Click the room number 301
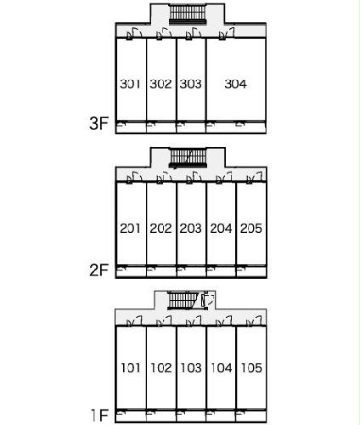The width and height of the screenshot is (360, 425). (x=130, y=83)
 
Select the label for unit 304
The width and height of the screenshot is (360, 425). (x=235, y=83)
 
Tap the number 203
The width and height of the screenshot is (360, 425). (x=191, y=229)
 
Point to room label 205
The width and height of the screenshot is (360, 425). (x=251, y=229)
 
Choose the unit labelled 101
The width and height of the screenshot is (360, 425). (x=131, y=368)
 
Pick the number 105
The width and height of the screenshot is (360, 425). (x=251, y=368)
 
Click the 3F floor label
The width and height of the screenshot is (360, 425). (x=98, y=123)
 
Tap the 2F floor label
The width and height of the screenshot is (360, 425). (x=98, y=269)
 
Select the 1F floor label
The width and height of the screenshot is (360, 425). (x=99, y=416)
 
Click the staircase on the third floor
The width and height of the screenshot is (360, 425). (x=188, y=14)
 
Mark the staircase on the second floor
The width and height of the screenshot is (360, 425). (x=188, y=158)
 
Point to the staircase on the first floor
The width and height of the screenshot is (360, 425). (x=183, y=301)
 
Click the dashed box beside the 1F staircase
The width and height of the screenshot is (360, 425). (x=208, y=300)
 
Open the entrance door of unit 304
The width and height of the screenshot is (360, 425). (x=227, y=33)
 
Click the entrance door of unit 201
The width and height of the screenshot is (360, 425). (x=134, y=178)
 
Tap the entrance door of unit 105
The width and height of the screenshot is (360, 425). (x=253, y=321)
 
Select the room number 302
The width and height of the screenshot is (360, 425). (x=160, y=83)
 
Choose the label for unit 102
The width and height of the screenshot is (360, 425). (x=160, y=368)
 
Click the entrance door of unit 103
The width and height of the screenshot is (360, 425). (x=194, y=321)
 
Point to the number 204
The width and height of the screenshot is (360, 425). (x=221, y=229)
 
